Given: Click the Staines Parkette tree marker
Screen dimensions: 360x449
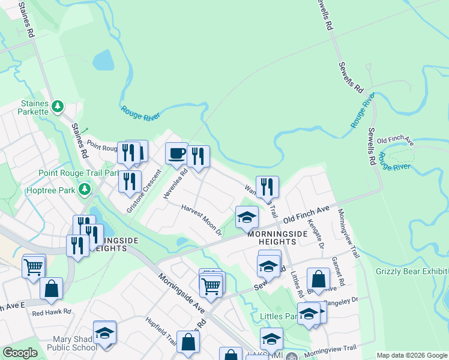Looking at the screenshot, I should (58, 107).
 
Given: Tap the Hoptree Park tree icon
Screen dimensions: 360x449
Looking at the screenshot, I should (85, 190).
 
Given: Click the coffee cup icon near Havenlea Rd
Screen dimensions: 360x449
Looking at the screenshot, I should (176, 154).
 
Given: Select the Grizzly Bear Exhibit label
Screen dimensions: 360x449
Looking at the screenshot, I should (412, 271).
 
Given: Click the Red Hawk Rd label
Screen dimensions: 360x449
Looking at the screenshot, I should (52, 312).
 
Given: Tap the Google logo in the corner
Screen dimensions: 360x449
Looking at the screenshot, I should (20, 353).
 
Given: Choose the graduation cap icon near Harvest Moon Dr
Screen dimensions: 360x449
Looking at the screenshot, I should (247, 217).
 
